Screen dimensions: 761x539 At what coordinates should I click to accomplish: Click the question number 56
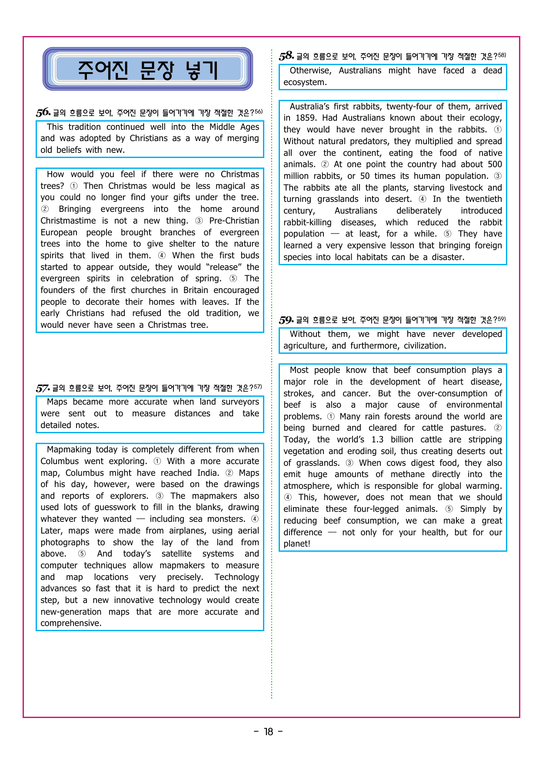click(x=43, y=112)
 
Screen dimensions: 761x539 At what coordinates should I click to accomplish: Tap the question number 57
click(x=43, y=388)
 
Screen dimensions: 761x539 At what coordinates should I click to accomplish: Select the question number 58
click(x=286, y=56)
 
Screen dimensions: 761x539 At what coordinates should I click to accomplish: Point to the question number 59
click(x=286, y=320)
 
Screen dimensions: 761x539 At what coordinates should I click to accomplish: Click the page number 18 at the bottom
click(x=269, y=732)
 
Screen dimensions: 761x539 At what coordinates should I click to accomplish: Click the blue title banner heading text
click(x=148, y=69)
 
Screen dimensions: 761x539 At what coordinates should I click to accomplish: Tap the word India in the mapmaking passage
click(x=208, y=473)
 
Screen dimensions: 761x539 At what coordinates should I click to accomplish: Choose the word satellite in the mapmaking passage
click(x=176, y=554)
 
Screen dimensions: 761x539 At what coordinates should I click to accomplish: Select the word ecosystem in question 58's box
click(x=305, y=82)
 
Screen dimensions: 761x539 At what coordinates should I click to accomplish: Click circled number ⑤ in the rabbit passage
click(x=448, y=234)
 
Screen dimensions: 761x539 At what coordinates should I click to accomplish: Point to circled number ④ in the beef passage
click(x=288, y=497)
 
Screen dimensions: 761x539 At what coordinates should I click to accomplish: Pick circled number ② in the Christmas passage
click(x=45, y=209)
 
